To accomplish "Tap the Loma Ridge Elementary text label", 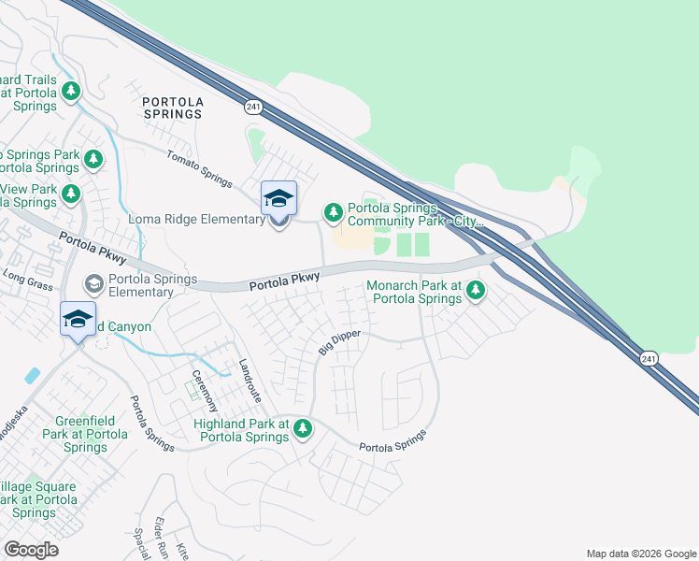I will point(197,220).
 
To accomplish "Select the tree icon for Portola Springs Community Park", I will point(333,213).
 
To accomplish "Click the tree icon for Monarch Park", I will point(476,291).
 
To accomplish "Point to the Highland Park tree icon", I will point(302,429).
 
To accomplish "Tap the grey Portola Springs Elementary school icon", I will point(94,282).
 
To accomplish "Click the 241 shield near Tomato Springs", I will point(253,108).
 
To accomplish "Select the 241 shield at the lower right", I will point(648,358).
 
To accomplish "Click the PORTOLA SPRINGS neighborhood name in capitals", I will point(172,107).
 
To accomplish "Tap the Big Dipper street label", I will point(338,342).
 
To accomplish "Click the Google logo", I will point(31,549).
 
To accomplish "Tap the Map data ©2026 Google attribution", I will point(641,554).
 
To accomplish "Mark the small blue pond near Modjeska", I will point(34,376).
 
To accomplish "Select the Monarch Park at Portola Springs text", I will point(414,292).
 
